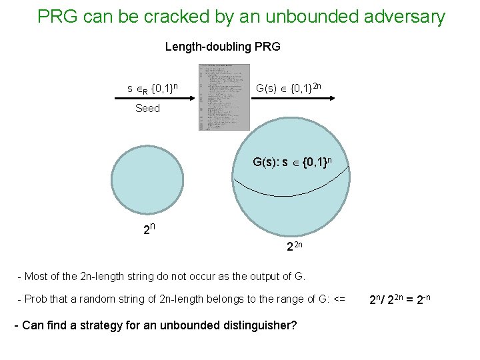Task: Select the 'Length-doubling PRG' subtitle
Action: (x=223, y=47)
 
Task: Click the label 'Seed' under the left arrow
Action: (x=147, y=108)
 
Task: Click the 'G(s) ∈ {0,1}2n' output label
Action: (x=290, y=87)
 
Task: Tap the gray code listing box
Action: (x=224, y=97)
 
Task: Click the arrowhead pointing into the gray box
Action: (x=193, y=98)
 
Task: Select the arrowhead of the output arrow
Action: (x=331, y=98)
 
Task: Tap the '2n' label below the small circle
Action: (x=149, y=231)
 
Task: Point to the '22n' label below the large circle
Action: (x=295, y=246)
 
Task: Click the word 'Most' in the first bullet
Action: (x=37, y=275)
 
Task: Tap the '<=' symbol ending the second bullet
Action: (x=339, y=299)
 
